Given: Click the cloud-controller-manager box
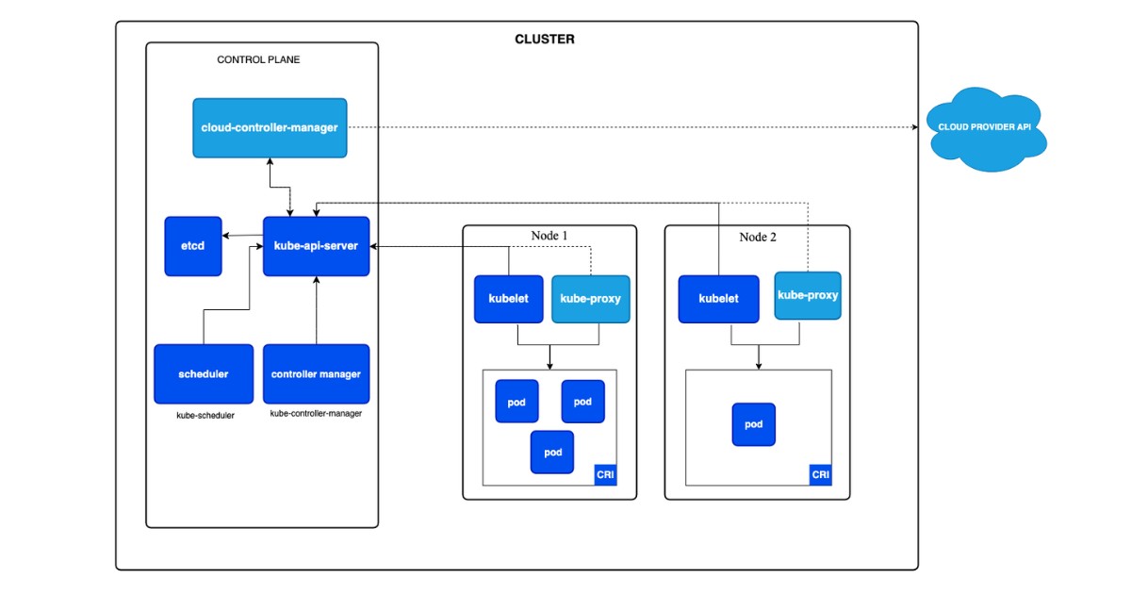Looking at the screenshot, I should pyautogui.click(x=270, y=127).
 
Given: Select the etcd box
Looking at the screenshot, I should pyautogui.click(x=193, y=246).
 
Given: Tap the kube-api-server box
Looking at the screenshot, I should pyautogui.click(x=317, y=246).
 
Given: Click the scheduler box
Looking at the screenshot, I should pyautogui.click(x=204, y=374).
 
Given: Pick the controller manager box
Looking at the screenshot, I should pyautogui.click(x=317, y=374).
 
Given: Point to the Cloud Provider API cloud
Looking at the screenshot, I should pyautogui.click(x=984, y=128).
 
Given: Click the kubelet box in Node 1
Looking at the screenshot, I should pyautogui.click(x=509, y=299).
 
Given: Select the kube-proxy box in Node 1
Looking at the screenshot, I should pyautogui.click(x=590, y=299).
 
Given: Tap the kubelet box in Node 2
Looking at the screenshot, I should pyautogui.click(x=718, y=299).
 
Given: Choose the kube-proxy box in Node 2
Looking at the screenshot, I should pyautogui.click(x=808, y=296).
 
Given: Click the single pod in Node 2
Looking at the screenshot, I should pyautogui.click(x=754, y=424).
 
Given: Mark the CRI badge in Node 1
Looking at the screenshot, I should pyautogui.click(x=605, y=475).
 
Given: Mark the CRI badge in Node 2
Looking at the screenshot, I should pyautogui.click(x=821, y=475).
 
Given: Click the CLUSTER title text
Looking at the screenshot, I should pyautogui.click(x=544, y=40).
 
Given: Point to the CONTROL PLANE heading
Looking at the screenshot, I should pyautogui.click(x=258, y=59).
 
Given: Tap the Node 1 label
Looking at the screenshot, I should pyautogui.click(x=549, y=236).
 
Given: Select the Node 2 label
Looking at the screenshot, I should pyautogui.click(x=758, y=237).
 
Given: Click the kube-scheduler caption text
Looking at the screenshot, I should pyautogui.click(x=205, y=415).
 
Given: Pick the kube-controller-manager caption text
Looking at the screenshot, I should pyautogui.click(x=316, y=414).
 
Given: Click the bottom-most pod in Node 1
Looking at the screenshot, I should pyautogui.click(x=552, y=452).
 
